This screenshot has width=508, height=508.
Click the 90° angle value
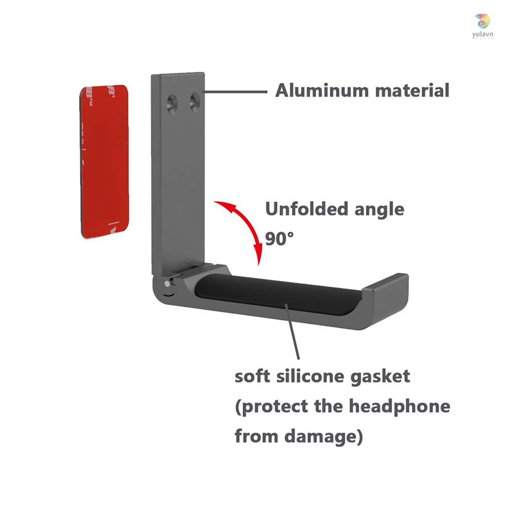[279, 238]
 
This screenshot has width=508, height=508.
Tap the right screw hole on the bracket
[195, 103]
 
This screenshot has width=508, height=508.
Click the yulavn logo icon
[483, 22]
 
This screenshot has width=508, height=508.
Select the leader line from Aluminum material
[236, 91]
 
